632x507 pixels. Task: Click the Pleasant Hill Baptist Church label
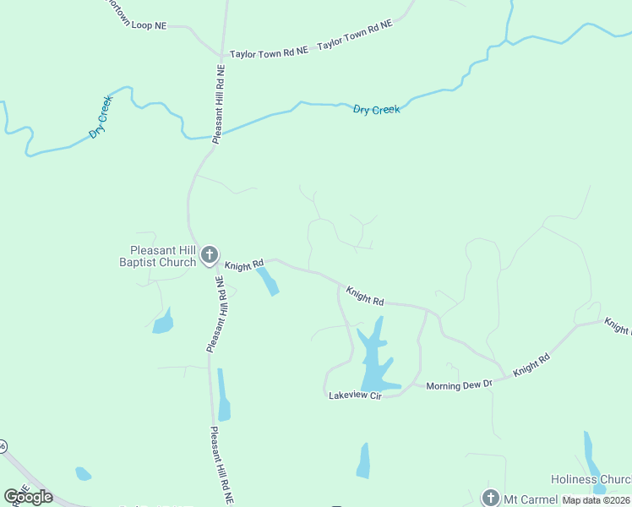coord(162,256)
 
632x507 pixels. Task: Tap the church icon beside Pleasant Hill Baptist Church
coord(210,254)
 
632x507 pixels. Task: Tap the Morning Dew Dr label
coord(459,385)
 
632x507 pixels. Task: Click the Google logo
coord(29,497)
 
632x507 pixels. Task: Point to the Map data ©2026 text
coord(596,500)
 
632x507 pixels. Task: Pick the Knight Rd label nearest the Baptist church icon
coord(244,265)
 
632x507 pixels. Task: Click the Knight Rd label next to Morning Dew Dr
coord(531,365)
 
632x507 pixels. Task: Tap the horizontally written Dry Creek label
coord(376,110)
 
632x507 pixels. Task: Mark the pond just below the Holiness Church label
coord(599,489)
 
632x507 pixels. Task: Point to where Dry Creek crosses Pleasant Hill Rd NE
coord(215,135)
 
